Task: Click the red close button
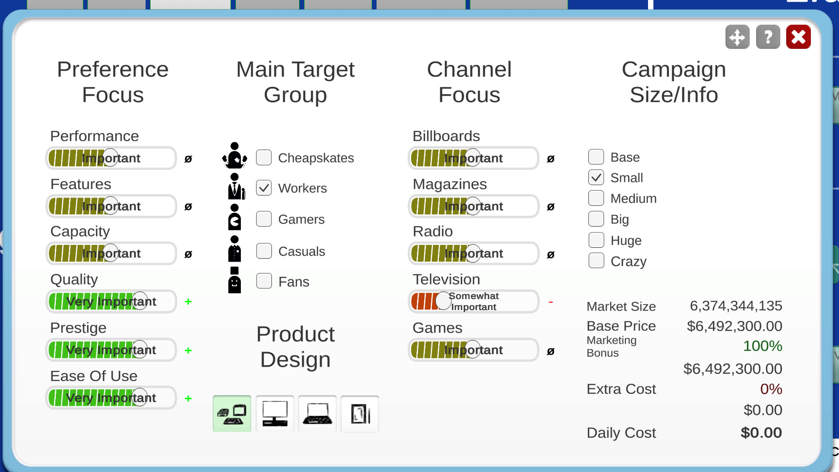[x=798, y=37]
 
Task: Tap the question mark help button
[x=768, y=37]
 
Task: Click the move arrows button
[x=737, y=37]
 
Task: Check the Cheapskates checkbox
[x=264, y=157]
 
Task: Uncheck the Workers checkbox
[x=264, y=188]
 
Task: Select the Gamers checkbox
[x=264, y=219]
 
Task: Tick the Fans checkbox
[x=264, y=281]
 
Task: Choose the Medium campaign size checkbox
[x=596, y=198]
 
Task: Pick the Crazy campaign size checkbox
[x=596, y=261]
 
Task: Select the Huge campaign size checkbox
[x=596, y=240]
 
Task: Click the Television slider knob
[x=443, y=301]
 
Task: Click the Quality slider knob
[x=140, y=301]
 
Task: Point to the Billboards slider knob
[x=473, y=157]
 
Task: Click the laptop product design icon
[x=317, y=414]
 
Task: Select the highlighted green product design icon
[x=232, y=414]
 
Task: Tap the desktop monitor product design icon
[x=275, y=414]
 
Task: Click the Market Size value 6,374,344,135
[x=736, y=306]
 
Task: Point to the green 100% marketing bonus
[x=763, y=346]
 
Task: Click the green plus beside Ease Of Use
[x=189, y=398]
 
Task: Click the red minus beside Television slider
[x=551, y=302]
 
